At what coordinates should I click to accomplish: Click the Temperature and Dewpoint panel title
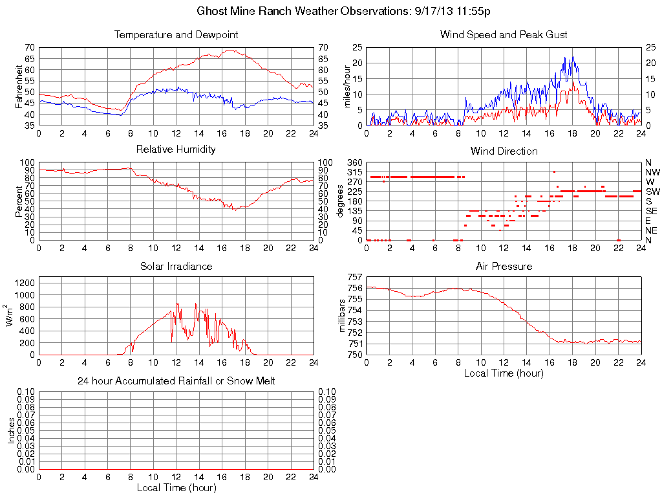point(176,35)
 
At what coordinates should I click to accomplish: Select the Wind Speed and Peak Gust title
point(504,35)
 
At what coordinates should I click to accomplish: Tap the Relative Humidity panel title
point(176,149)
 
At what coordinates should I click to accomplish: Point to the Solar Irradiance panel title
point(176,266)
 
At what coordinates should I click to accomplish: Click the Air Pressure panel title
point(504,266)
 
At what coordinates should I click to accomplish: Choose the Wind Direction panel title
point(504,151)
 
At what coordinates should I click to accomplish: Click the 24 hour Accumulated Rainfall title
point(176,381)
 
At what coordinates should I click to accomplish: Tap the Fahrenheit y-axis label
point(19,86)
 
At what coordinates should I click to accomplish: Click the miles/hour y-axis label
point(347,86)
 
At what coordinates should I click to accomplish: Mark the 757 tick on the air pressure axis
point(355,277)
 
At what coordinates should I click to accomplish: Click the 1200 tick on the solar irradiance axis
point(25,283)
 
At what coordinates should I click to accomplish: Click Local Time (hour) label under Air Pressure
point(504,373)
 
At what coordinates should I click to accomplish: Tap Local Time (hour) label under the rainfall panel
point(176,487)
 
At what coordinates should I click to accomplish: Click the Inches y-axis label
point(12,430)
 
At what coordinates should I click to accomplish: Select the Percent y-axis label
point(19,201)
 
